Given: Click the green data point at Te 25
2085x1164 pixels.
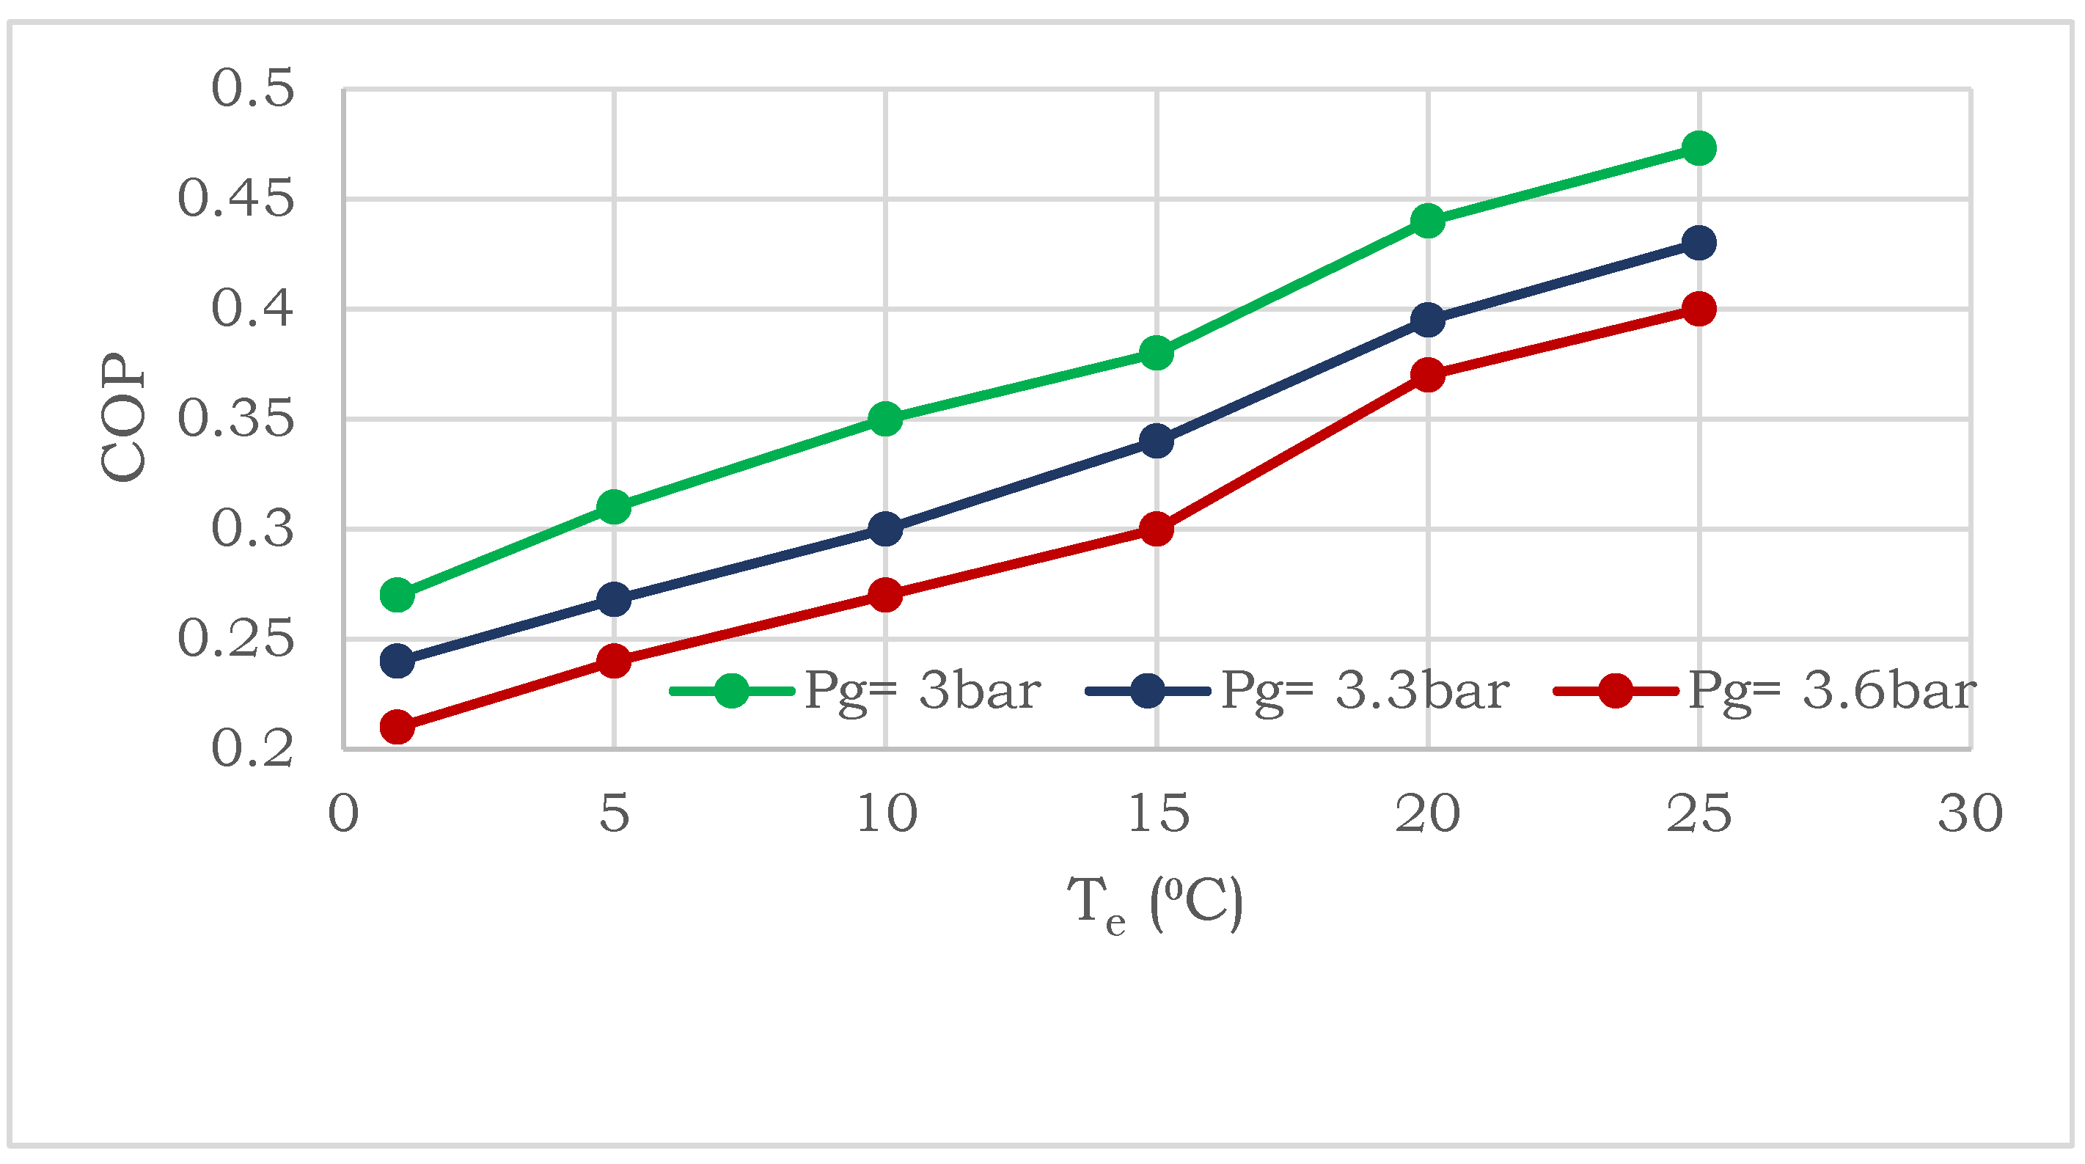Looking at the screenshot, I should tap(1698, 148).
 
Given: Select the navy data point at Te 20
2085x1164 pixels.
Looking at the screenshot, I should tap(1427, 320).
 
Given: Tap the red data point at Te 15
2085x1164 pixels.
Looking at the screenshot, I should tap(1156, 530).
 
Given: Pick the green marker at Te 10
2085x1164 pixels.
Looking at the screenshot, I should tap(884, 420).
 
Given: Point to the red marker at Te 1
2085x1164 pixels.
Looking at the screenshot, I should tap(397, 727).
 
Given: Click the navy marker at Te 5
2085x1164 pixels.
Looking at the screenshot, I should tap(614, 600).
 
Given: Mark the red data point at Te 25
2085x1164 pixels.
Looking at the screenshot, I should tap(1698, 308).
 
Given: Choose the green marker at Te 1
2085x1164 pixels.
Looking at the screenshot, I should tap(397, 595).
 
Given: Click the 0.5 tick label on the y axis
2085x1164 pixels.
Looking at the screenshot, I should tap(252, 88).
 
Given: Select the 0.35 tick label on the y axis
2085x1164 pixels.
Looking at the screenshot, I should tap(235, 420).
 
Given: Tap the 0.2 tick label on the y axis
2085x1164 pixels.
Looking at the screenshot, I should tap(252, 749).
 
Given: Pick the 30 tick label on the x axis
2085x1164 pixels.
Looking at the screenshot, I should tap(1969, 814).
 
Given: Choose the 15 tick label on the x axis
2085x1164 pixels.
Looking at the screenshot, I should tap(1157, 814).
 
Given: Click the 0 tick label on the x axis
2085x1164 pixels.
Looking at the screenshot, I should tap(343, 814).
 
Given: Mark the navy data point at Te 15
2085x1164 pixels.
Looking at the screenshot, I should tap(1156, 441).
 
